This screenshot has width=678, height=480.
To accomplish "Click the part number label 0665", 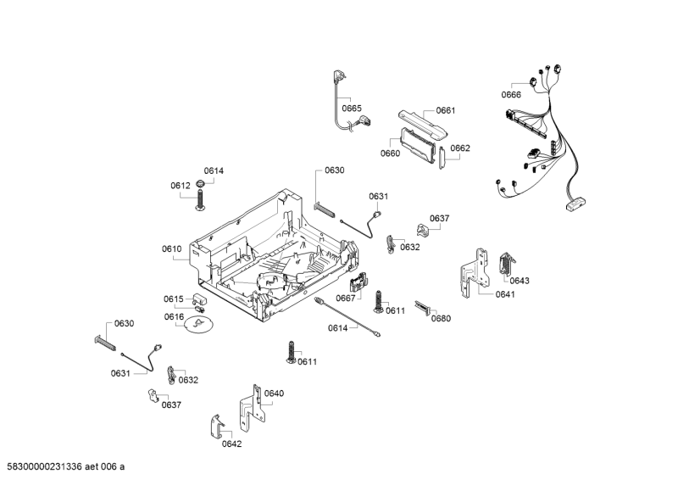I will [352, 109].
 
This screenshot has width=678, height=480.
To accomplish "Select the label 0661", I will [446, 110].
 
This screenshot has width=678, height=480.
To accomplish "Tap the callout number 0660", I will [390, 153].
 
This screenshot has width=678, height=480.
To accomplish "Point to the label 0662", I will [460, 148].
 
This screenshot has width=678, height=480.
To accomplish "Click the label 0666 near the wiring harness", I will [511, 95].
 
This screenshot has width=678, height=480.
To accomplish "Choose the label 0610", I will [172, 248].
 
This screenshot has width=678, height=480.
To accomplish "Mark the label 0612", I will [180, 185].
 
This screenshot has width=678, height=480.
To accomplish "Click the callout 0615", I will [174, 299].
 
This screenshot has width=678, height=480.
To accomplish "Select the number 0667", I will [345, 298].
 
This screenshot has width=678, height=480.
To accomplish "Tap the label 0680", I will [441, 319].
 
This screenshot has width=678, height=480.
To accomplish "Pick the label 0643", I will [520, 281].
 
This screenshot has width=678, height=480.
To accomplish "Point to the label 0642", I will [231, 444].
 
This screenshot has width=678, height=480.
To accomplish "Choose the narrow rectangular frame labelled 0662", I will [443, 158].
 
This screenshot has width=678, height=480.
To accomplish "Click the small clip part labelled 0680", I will [423, 307].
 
